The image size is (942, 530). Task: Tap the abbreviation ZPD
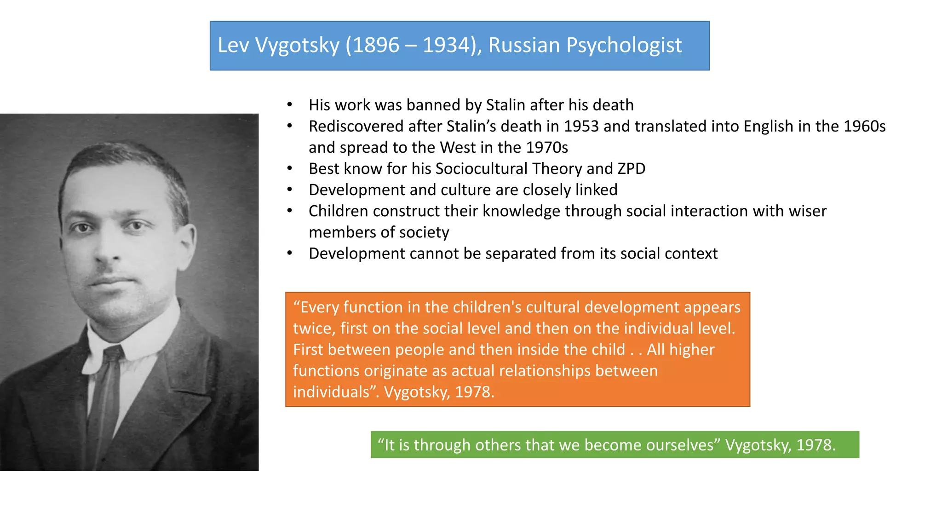click(632, 168)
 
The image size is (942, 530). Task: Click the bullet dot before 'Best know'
click(289, 168)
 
